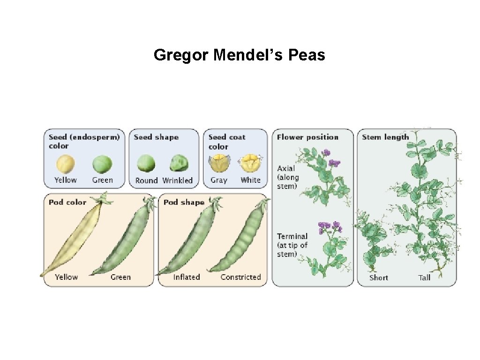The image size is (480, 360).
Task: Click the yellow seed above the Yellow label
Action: click(65, 164)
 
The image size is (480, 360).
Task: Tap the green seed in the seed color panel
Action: click(102, 164)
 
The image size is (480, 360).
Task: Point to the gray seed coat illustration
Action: click(219, 164)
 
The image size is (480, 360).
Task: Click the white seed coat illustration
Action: click(250, 164)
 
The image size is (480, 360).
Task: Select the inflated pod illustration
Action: click(187, 239)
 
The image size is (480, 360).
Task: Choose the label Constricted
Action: click(240, 277)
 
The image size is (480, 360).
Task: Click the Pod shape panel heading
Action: click(184, 202)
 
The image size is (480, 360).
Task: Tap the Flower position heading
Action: click(307, 137)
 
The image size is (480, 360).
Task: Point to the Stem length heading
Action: click(385, 137)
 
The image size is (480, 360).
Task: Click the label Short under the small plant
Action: click(378, 277)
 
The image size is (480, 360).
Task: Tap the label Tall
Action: click(424, 277)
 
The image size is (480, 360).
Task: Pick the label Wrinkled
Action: click(177, 180)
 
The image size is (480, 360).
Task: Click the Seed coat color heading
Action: click(227, 142)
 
